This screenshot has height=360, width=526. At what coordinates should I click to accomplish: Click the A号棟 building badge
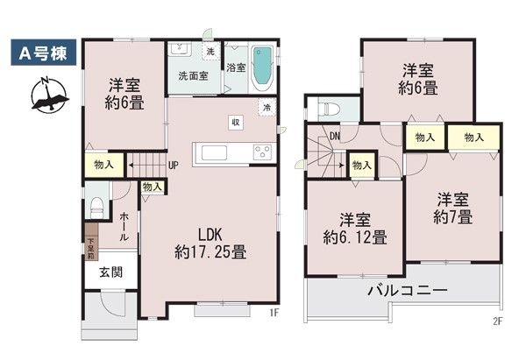click(x=44, y=53)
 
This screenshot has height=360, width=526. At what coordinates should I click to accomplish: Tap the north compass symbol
click(x=49, y=95)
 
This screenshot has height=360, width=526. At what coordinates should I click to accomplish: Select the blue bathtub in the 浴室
click(x=262, y=68)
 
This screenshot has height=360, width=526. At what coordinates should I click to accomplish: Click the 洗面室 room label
click(x=193, y=75)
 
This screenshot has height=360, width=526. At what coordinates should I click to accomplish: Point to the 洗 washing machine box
click(x=210, y=52)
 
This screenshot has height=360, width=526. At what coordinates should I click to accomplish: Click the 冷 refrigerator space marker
click(x=267, y=108)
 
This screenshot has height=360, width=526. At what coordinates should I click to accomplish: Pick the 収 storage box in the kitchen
click(x=236, y=123)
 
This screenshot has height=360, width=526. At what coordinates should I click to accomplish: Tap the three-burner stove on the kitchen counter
click(x=263, y=153)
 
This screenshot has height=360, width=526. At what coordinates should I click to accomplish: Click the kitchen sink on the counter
click(x=214, y=153)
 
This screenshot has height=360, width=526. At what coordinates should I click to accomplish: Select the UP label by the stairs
click(x=173, y=166)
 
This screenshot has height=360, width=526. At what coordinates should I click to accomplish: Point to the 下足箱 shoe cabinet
click(x=91, y=242)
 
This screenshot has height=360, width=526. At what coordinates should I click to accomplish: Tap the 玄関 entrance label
click(x=111, y=272)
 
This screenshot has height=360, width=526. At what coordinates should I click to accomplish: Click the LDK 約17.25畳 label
click(x=210, y=244)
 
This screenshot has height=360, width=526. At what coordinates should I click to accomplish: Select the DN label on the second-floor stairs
click(x=335, y=136)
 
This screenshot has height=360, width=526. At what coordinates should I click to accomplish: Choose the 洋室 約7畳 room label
click(x=453, y=208)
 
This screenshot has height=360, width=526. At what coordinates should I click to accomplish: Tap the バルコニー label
click(x=408, y=290)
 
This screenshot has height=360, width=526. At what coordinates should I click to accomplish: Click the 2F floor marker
click(x=498, y=321)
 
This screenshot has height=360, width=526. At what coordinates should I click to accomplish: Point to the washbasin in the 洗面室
click(x=181, y=49)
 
